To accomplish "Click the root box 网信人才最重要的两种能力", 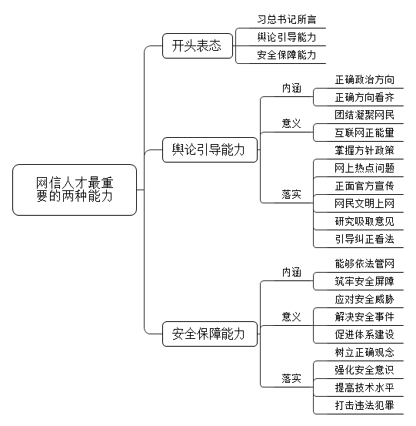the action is (75, 190).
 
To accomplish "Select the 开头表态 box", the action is (198, 45).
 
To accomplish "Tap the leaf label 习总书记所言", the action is (287, 19).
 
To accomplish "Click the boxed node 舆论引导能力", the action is (210, 149).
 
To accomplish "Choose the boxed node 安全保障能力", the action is (210, 334).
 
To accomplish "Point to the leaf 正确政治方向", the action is (364, 80).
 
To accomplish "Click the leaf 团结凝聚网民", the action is (364, 116).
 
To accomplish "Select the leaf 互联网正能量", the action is (364, 132).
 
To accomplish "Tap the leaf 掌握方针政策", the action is (364, 150).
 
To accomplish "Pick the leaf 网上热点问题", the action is (364, 168).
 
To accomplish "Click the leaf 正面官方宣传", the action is (364, 186).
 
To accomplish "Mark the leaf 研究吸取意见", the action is (364, 221).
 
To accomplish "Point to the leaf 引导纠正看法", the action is (364, 239).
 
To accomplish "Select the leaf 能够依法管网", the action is (364, 263).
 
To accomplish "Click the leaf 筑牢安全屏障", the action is (364, 281).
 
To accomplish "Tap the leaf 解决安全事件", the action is (364, 317).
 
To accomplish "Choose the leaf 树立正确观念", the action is (364, 352).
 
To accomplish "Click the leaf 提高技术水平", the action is (364, 387).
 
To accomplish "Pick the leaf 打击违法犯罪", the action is (364, 405).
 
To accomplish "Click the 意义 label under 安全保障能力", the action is (291, 317).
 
